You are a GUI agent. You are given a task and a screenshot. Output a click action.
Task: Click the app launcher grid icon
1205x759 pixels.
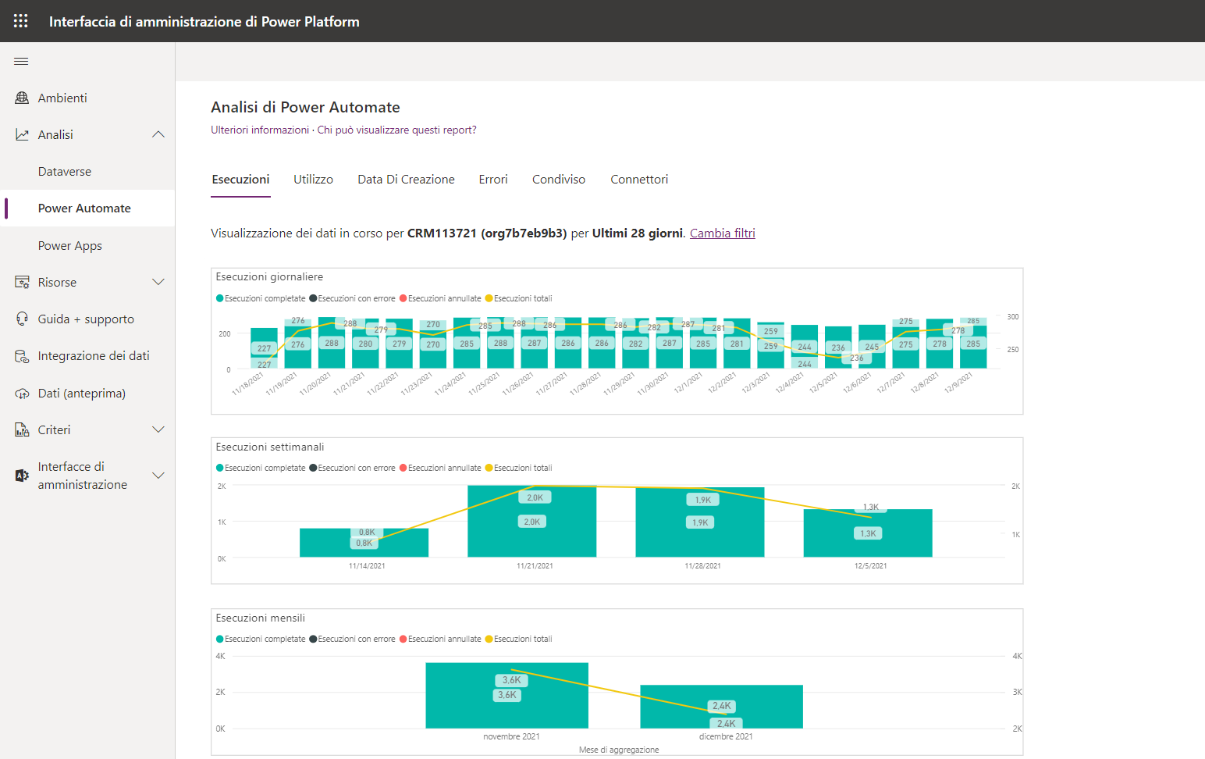[x=21, y=21]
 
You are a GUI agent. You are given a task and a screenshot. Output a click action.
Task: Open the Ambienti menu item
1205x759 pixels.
[x=62, y=98]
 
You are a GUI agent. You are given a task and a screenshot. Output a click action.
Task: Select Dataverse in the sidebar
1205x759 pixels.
[x=65, y=172]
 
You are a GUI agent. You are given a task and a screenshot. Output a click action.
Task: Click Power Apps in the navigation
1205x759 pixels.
[x=70, y=246]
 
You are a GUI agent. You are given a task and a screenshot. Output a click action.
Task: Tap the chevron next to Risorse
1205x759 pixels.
[x=158, y=282]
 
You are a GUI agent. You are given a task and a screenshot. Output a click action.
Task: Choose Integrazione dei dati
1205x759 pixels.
[x=94, y=356]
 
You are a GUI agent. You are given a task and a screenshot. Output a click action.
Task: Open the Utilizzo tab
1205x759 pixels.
[x=313, y=180]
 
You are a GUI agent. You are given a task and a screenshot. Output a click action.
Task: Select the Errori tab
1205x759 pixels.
[x=493, y=180]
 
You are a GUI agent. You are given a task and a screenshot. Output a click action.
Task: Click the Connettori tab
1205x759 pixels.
[x=639, y=180]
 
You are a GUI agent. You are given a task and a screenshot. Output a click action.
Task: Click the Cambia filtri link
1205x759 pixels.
[x=722, y=233]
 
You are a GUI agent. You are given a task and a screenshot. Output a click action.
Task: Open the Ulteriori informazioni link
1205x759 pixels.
[x=260, y=130]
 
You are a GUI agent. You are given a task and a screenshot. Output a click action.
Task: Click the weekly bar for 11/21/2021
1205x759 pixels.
[x=531, y=539]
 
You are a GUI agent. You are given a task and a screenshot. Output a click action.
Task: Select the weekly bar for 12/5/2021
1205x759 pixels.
[x=868, y=543]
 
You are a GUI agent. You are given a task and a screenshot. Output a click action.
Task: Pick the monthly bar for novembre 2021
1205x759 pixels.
[x=507, y=711]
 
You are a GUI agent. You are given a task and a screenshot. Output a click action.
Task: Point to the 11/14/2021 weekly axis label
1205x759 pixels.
[x=367, y=566]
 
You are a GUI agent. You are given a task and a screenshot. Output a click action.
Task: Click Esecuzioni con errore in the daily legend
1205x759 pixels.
[x=356, y=298]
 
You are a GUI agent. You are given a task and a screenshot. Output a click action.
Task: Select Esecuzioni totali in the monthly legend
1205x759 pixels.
[x=522, y=639]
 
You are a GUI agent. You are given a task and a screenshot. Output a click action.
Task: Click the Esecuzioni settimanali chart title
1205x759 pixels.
[x=270, y=447]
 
